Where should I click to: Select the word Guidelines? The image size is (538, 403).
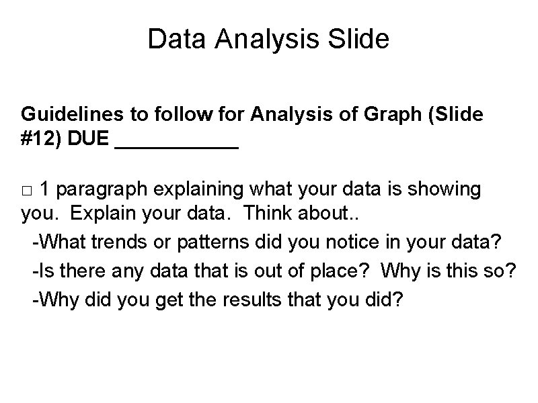tap(67, 115)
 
